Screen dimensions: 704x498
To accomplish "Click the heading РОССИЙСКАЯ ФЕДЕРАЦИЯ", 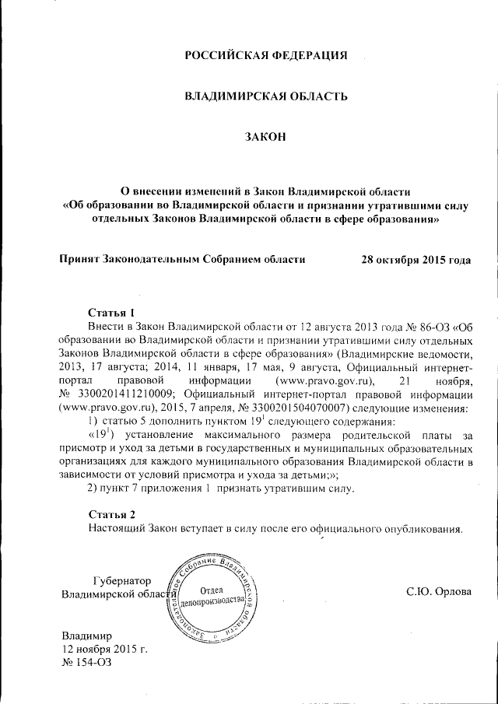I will (265, 55).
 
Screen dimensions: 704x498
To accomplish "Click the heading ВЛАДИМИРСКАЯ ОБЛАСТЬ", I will (265, 96).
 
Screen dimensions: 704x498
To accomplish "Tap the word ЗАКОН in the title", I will (265, 138).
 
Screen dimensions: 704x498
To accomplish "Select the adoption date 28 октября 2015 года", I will (416, 258).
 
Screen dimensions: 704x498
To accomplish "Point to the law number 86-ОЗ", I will (425, 325).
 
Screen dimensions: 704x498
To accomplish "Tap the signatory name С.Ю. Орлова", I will (439, 592).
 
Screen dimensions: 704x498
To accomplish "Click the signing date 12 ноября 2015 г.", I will (104, 648).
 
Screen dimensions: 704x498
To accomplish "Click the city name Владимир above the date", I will (87, 634).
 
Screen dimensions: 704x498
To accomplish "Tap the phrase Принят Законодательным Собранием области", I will (182, 258).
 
